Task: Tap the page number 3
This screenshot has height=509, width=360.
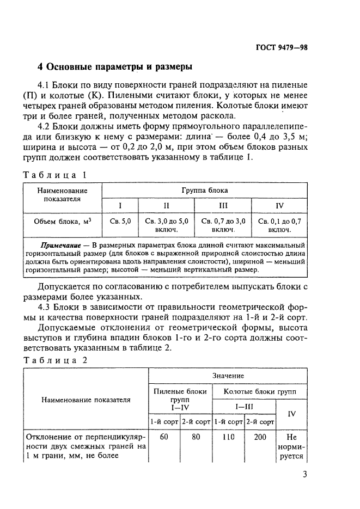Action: (x=304, y=474)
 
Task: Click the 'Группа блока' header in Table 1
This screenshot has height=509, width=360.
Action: (x=204, y=191)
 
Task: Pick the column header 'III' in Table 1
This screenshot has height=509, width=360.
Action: (x=223, y=206)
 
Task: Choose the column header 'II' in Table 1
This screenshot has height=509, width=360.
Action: (x=167, y=206)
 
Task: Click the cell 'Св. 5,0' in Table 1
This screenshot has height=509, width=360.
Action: (x=120, y=222)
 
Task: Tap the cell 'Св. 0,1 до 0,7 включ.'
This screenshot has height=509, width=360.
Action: (x=279, y=226)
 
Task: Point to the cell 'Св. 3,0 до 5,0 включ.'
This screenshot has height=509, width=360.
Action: (x=167, y=226)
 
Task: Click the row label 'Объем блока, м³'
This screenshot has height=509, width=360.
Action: (x=62, y=222)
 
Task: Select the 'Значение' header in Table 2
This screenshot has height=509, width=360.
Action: (x=228, y=376)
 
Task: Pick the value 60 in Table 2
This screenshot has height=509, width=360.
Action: (x=164, y=437)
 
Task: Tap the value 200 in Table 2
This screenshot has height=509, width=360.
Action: (x=260, y=437)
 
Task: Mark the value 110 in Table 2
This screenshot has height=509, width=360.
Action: (x=228, y=437)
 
